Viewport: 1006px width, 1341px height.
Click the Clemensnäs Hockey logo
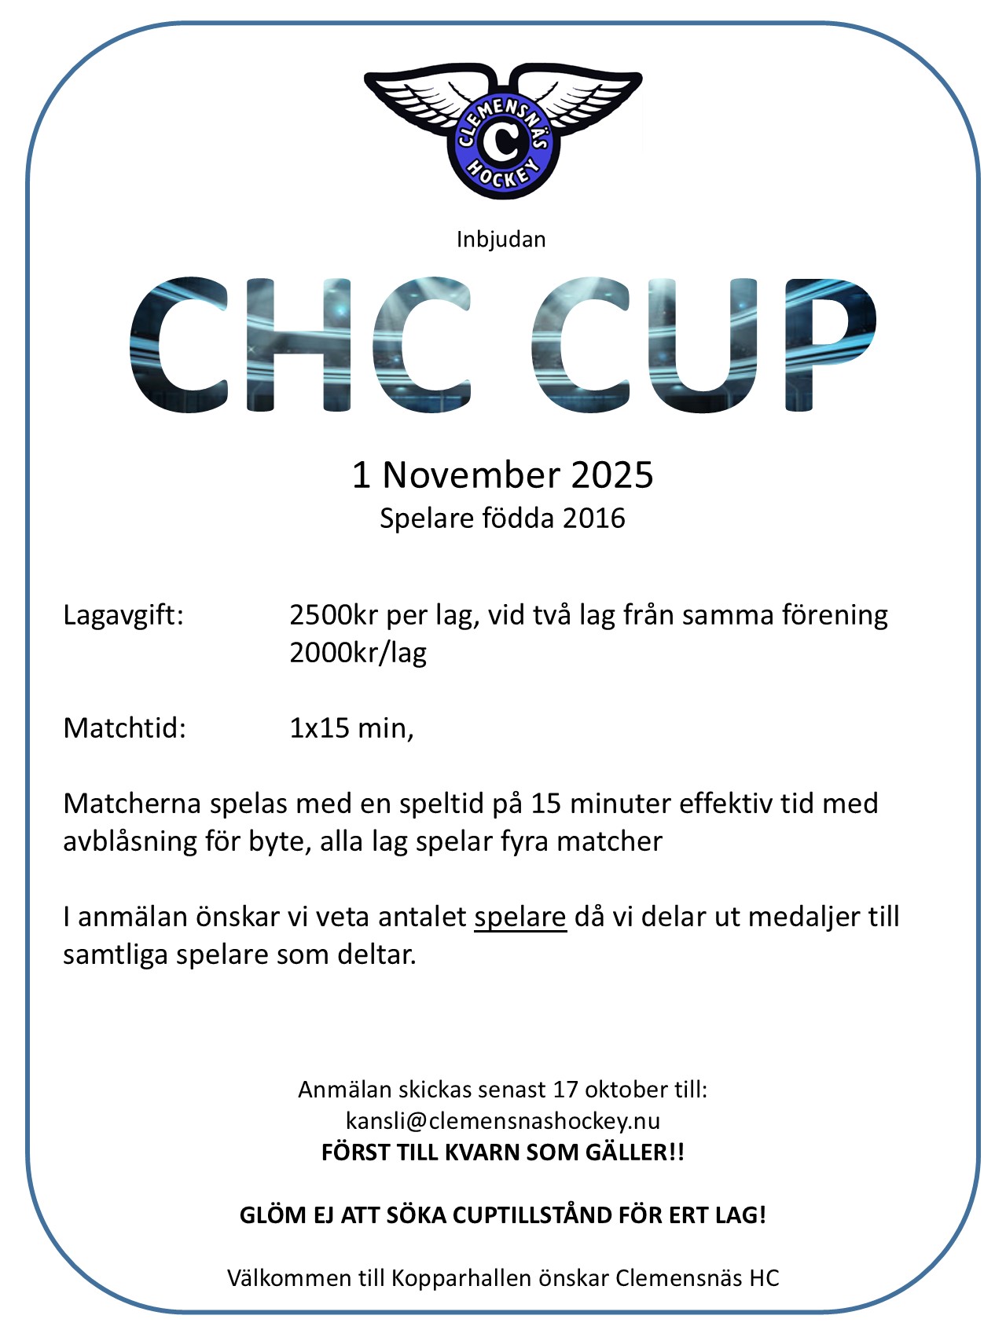point(503,130)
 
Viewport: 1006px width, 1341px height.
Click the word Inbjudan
point(501,240)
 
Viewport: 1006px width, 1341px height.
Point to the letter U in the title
point(704,344)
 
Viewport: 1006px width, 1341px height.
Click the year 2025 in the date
point(612,475)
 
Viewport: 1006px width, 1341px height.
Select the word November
point(471,475)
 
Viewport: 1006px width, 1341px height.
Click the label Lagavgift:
point(123,615)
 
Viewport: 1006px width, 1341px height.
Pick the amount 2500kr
point(333,615)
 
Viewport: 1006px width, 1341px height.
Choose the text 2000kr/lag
point(358,653)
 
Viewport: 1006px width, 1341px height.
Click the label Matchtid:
point(124,728)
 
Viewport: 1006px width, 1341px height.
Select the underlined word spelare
point(520,917)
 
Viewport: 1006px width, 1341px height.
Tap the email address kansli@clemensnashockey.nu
point(503,1120)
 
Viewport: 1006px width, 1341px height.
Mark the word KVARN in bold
point(483,1152)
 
